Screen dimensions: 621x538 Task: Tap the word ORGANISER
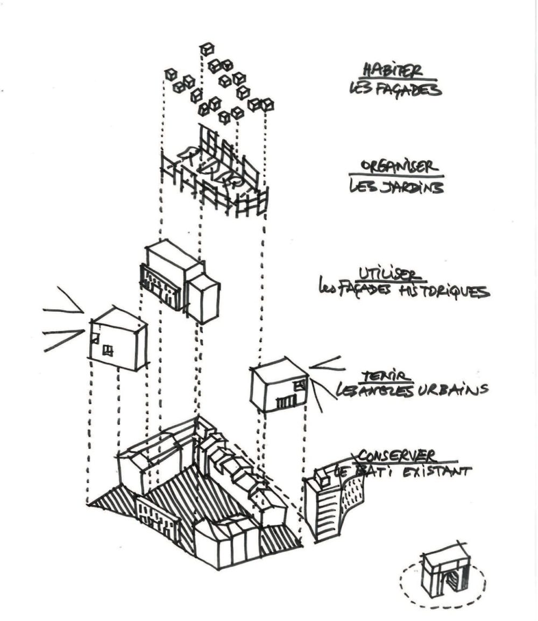coord(397,167)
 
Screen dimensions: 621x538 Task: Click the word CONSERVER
coord(397,456)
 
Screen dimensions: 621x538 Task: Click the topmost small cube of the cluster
coord(207,49)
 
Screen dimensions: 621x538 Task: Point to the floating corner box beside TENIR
coord(279,386)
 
